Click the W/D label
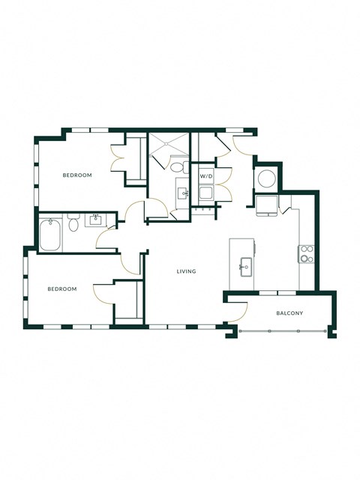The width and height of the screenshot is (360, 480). pos(205,176)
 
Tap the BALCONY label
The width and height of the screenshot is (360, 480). pos(289,313)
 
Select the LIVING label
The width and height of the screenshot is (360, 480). pos(186,271)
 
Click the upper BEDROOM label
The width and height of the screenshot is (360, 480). pos(76,175)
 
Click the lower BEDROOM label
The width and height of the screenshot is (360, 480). pos(62,289)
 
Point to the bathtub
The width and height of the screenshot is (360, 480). pos(51,233)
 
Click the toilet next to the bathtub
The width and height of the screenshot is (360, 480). pos(73,223)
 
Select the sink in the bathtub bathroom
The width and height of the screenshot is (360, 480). pos(96,220)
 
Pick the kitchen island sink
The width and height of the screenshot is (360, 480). pos(245,265)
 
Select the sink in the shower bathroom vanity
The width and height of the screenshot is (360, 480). pos(182,193)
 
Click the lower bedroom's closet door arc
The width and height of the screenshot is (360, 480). pos(103,293)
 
